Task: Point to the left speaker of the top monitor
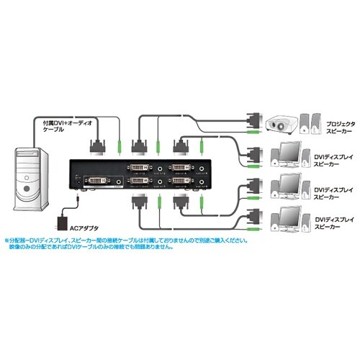[x=302, y=157]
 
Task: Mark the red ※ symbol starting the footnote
[x=7, y=240]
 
